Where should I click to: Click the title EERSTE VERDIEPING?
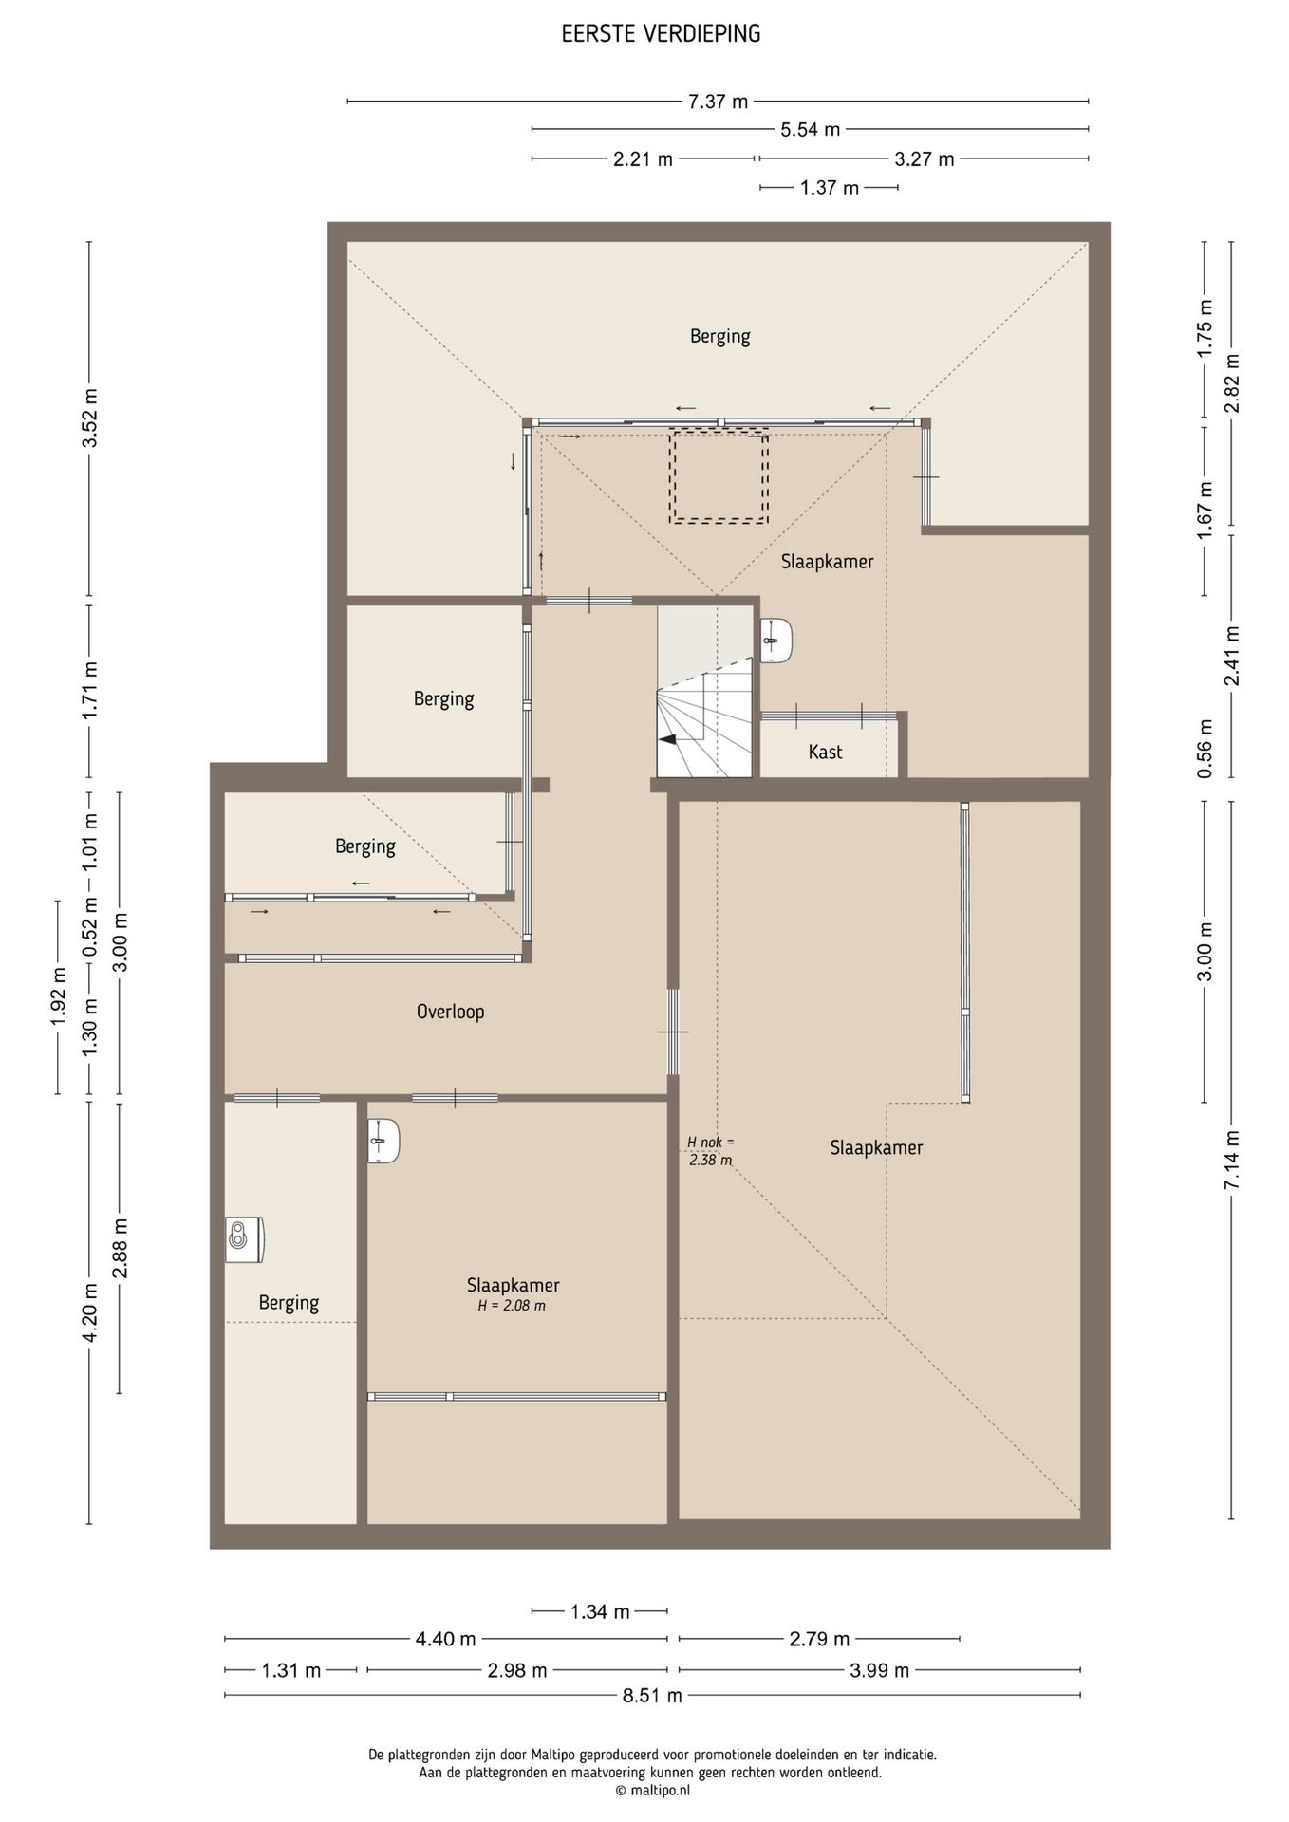tap(661, 34)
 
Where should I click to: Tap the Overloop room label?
tap(450, 1012)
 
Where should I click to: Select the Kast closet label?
tap(825, 752)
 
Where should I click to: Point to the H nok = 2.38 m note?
tap(710, 1150)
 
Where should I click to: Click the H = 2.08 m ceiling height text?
tap(512, 1306)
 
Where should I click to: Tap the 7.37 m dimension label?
tap(718, 102)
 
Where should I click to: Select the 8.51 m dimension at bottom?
tap(652, 1696)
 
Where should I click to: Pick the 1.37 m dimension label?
tap(829, 188)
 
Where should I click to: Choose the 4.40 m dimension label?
tap(445, 1639)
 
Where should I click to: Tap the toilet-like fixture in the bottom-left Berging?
tap(244, 1239)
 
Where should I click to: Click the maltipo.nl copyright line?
tap(652, 1791)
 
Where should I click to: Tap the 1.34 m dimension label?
tap(600, 1611)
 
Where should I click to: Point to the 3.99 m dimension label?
tap(879, 1670)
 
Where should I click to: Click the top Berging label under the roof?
tap(719, 336)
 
